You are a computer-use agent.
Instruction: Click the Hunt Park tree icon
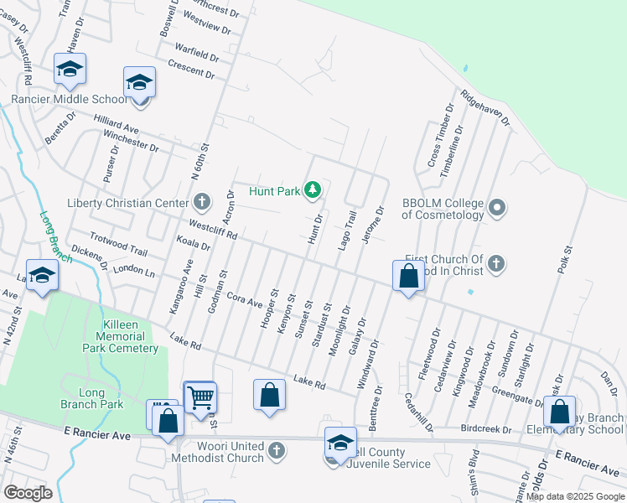[x=313, y=190]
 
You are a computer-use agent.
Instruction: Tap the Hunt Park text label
[x=274, y=191]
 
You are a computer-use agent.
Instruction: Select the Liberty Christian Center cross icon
[x=201, y=202]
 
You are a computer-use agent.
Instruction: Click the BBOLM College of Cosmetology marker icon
[x=497, y=206]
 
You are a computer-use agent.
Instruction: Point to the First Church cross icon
[x=496, y=264]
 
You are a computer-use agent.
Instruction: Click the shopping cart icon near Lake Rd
[x=200, y=397]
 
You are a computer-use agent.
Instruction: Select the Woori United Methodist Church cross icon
[x=277, y=453]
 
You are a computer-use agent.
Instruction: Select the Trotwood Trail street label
[x=118, y=246]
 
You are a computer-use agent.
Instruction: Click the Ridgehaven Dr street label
[x=484, y=108]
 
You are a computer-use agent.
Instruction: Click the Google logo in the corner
[x=28, y=492]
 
